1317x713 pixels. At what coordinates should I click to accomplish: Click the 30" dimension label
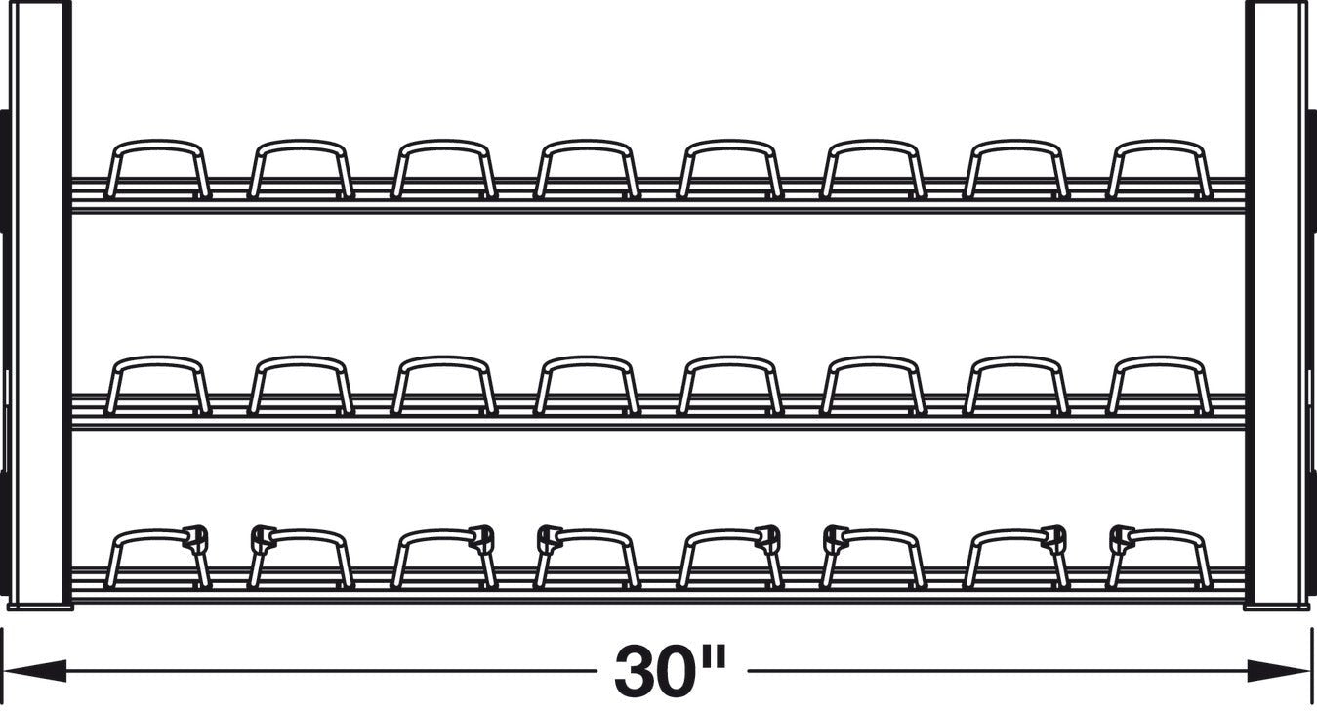tap(671, 671)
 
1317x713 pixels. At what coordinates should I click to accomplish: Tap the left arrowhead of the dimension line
tap(35, 671)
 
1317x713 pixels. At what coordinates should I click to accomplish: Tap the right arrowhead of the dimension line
tap(1279, 671)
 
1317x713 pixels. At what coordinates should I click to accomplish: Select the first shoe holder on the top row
tap(157, 169)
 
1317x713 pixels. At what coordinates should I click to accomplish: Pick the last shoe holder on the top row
tap(1159, 169)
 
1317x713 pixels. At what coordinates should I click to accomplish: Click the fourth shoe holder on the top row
tap(587, 169)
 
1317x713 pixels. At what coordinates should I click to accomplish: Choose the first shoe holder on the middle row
tap(157, 386)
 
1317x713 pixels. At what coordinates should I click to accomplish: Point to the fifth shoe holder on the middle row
tap(729, 386)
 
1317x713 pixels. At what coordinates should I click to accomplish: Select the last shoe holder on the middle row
tap(1159, 386)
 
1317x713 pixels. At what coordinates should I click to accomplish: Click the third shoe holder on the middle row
tap(444, 386)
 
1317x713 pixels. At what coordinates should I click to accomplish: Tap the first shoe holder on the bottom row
tap(157, 557)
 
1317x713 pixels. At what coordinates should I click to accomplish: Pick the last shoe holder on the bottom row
tap(1159, 557)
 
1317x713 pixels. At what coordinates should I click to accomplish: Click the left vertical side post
tap(40, 305)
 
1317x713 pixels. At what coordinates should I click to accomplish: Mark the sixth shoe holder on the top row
tap(873, 169)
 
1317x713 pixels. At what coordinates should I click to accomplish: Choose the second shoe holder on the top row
tap(301, 169)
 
